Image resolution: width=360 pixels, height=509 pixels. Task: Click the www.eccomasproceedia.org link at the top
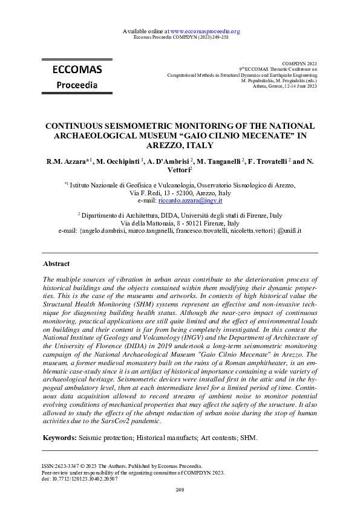(206, 31)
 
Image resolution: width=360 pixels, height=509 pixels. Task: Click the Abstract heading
(56, 264)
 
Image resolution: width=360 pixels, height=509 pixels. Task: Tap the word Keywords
(60, 437)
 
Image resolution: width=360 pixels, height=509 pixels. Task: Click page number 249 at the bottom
(180, 489)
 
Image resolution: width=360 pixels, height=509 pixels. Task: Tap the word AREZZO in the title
(169, 146)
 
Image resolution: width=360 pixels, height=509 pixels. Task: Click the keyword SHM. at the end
(248, 437)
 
